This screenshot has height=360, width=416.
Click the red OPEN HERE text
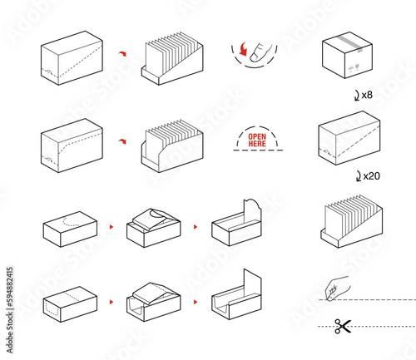point(257,141)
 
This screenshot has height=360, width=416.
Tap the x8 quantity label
point(367,95)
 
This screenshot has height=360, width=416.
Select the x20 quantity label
point(371,175)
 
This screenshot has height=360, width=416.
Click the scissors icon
point(343,326)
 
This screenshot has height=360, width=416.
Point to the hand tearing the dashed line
point(337,288)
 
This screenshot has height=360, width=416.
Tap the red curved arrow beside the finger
point(243,49)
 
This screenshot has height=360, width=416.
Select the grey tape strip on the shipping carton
point(350,44)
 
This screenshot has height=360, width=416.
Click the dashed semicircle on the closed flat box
point(72,221)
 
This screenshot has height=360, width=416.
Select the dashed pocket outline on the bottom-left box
point(52,308)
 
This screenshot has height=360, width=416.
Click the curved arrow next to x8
point(357,96)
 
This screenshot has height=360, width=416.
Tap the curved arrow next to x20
point(359,176)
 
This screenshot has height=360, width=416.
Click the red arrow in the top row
point(122,53)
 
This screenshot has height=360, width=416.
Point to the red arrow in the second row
point(122,141)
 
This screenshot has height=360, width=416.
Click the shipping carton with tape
point(347,55)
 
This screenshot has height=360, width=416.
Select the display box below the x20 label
point(352,221)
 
